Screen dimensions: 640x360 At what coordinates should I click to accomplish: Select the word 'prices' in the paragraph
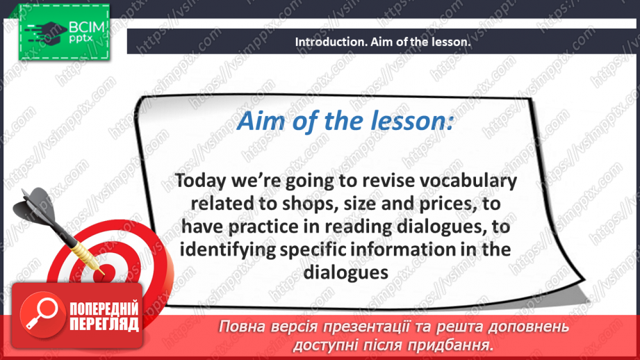coord(448,204)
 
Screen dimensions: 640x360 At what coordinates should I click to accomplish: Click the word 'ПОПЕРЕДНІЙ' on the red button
coord(104,309)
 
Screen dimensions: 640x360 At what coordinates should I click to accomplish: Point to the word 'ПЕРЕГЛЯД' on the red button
coord(104,324)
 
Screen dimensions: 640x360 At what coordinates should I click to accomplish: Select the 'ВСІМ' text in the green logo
coord(87,27)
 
